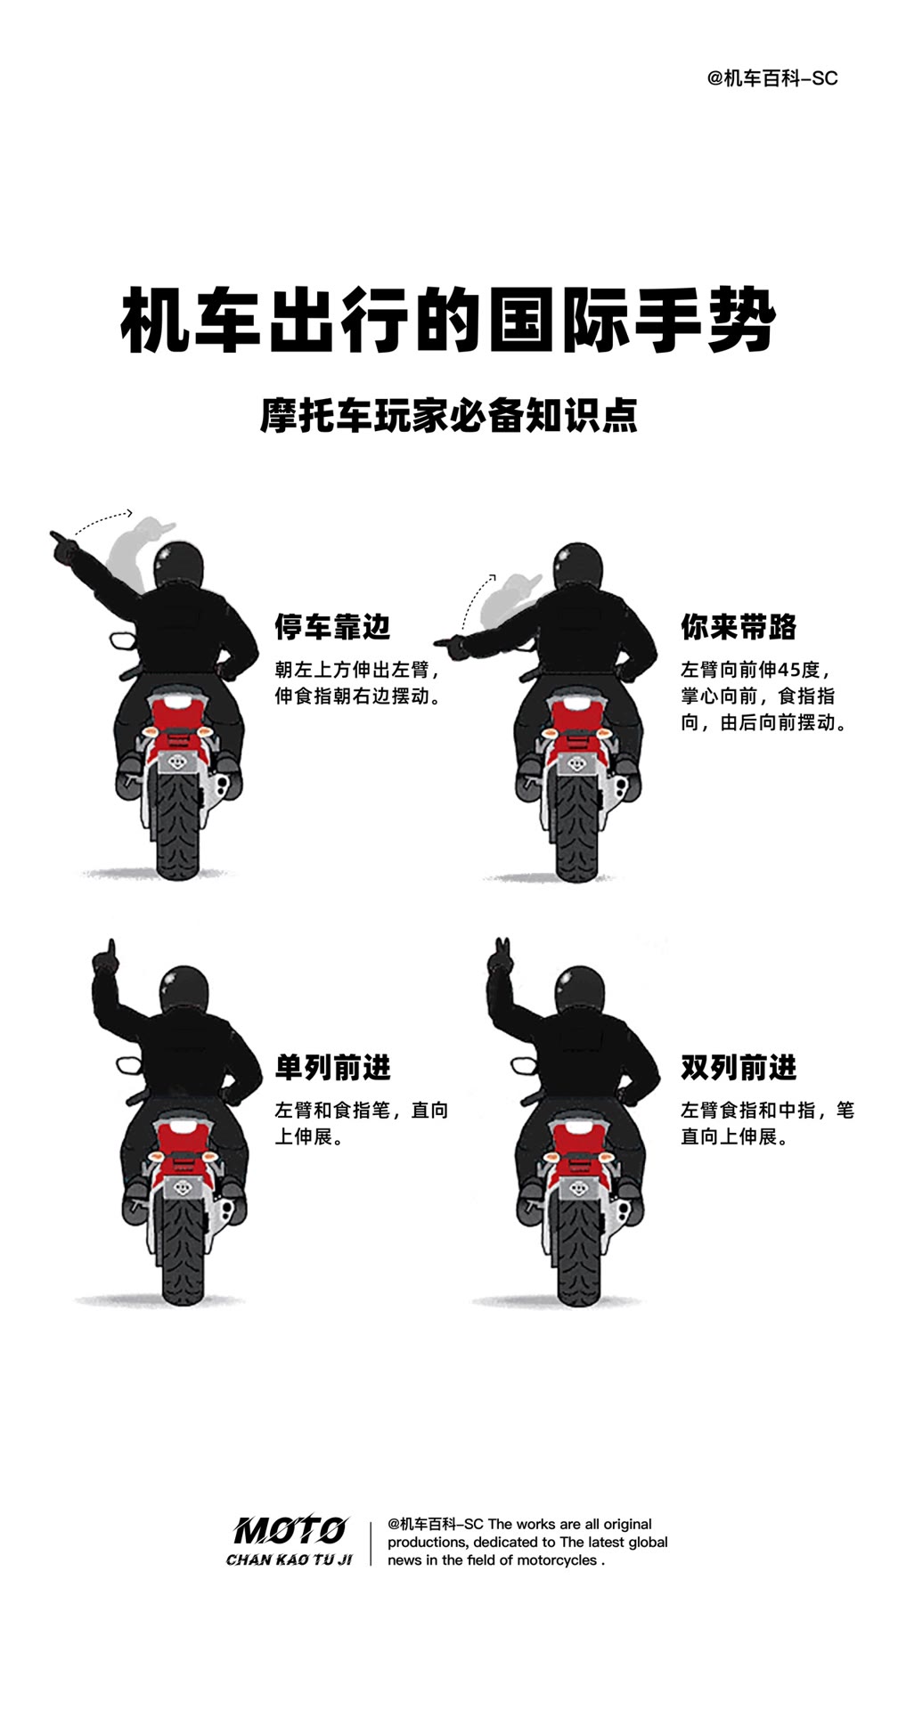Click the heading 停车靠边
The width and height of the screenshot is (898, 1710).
(332, 627)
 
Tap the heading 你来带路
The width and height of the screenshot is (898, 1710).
(739, 627)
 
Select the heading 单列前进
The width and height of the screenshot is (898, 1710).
(332, 1067)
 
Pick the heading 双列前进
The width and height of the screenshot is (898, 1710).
(739, 1067)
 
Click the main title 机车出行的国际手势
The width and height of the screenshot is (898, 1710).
(448, 320)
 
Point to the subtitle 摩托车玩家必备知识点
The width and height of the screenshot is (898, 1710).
(449, 416)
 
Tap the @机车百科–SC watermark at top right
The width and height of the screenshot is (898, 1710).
(772, 78)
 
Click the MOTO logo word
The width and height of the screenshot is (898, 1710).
(290, 1531)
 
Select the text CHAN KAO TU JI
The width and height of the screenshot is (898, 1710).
(290, 1559)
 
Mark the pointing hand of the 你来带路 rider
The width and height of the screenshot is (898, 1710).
(450, 641)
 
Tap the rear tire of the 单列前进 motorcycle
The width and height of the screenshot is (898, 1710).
(184, 1247)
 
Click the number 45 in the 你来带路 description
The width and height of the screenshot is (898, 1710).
(788, 670)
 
